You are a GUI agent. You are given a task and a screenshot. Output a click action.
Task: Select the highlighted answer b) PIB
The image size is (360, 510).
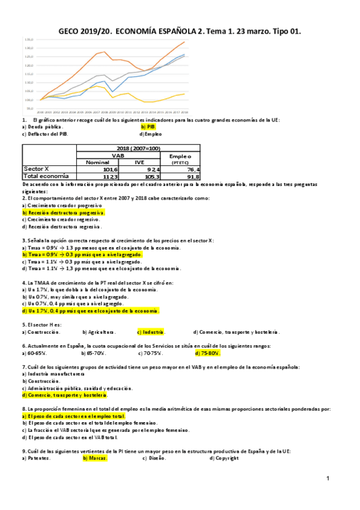point(148,127)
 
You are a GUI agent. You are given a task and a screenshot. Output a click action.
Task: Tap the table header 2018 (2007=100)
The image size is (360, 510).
point(139,147)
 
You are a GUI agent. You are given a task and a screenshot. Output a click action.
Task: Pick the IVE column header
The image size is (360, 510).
point(139,162)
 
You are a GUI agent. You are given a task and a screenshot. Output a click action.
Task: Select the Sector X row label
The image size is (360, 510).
point(35,169)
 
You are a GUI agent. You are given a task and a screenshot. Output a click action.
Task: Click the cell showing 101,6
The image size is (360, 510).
point(109,170)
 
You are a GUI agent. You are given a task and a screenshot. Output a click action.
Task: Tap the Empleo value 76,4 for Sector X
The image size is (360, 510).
point(191,170)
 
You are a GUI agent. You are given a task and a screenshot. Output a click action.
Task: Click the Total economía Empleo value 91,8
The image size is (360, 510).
point(191,176)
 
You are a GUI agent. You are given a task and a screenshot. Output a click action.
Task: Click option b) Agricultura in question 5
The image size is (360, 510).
point(99,332)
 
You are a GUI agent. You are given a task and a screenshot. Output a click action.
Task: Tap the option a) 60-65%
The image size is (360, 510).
point(34,353)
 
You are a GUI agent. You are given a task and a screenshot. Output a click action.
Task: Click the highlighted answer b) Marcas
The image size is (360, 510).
point(95,458)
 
